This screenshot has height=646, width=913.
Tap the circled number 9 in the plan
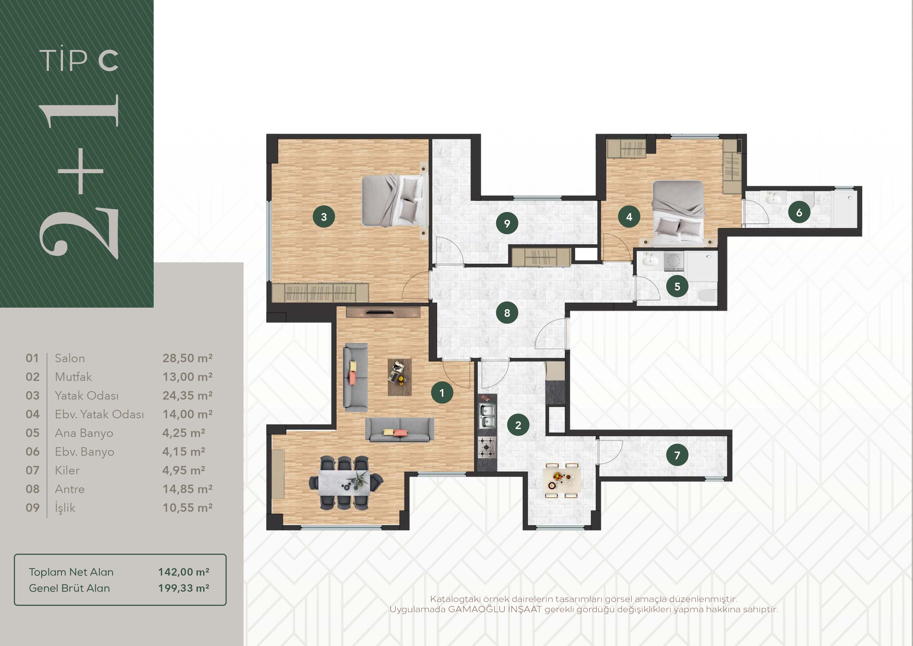point(507,223)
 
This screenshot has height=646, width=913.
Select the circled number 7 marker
point(677,455)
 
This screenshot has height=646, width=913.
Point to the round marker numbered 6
point(799,213)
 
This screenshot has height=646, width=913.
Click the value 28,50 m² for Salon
point(187,358)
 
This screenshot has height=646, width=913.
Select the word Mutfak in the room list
point(73,377)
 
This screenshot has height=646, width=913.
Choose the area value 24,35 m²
point(187,396)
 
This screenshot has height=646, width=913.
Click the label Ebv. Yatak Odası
point(99,414)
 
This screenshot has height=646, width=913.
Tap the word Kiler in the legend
point(67,471)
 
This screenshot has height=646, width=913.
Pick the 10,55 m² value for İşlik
point(187,508)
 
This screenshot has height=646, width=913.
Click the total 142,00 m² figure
point(184,572)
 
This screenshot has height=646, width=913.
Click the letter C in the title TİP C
point(109,61)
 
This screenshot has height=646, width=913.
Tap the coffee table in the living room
point(400,377)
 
